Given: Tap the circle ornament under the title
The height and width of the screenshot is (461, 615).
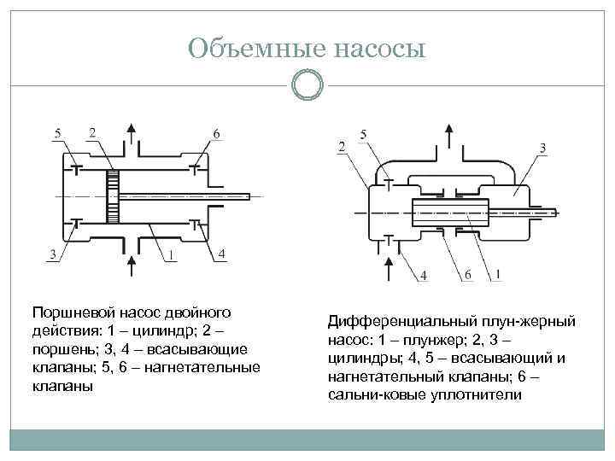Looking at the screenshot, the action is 307,86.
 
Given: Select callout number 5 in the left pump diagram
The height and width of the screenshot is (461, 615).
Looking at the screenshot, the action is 57,133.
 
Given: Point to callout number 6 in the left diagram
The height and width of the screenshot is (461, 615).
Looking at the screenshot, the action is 215,134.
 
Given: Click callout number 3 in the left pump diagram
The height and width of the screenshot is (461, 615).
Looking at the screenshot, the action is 54,255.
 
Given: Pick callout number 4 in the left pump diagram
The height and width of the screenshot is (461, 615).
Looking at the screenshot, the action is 222,254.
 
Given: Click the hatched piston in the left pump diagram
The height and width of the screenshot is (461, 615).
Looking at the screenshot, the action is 111,195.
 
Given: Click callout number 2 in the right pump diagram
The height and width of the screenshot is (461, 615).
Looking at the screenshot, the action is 342,148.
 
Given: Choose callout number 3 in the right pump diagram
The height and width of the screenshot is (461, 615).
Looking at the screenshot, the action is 543,149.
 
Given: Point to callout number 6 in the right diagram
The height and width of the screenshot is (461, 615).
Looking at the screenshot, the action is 467,274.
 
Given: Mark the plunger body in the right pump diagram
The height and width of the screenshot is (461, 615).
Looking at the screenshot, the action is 448,211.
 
